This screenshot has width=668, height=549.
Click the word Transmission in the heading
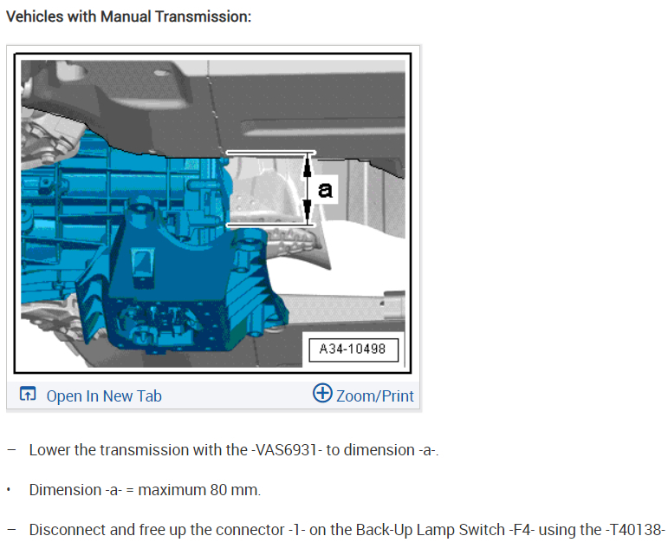click(x=203, y=16)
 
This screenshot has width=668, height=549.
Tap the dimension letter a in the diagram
click(x=325, y=189)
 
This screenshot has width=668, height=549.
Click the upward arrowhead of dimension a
click(x=308, y=167)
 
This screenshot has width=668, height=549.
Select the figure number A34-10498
click(x=353, y=349)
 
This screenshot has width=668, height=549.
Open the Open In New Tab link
click(x=104, y=395)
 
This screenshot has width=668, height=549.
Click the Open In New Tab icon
click(x=28, y=394)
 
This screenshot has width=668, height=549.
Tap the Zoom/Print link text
click(x=375, y=395)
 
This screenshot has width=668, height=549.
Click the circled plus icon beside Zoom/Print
click(x=322, y=392)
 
